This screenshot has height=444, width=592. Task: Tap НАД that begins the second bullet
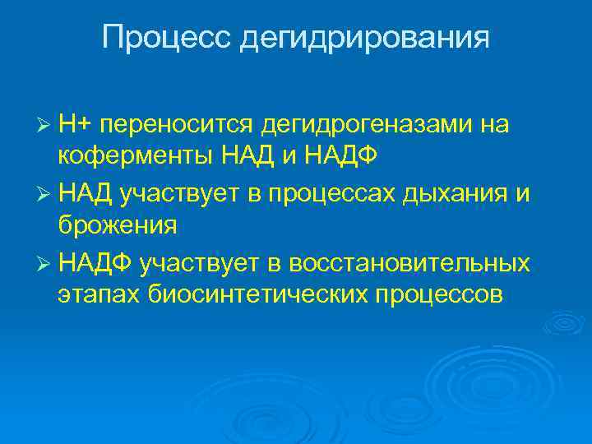[x=87, y=193]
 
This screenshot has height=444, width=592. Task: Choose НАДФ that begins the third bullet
[x=97, y=263]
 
